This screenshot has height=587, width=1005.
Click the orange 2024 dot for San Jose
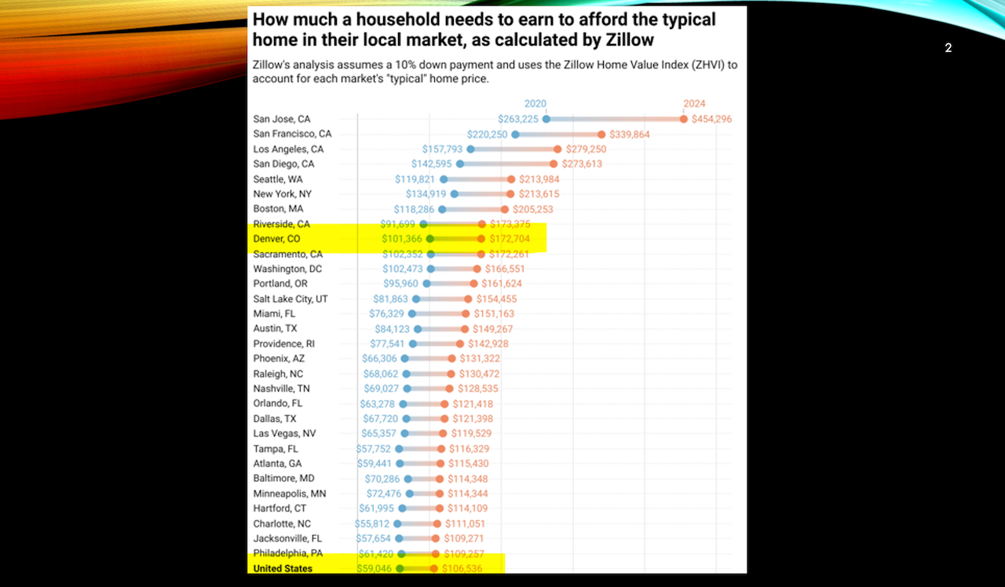684,119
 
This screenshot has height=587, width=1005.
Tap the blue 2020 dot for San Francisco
515,134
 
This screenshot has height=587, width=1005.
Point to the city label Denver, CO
277,239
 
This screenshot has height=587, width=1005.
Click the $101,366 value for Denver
402,239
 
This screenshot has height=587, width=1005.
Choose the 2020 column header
535,104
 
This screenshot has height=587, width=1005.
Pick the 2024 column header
694,104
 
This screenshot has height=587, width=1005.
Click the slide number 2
948,48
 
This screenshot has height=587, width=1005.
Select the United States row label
283,568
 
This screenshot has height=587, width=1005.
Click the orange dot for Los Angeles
557,149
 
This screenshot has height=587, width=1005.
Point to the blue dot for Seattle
444,179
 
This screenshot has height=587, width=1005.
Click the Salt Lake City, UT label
291,299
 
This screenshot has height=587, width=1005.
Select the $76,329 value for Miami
387,314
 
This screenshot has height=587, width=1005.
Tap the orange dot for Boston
505,209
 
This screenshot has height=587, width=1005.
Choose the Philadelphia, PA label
287,553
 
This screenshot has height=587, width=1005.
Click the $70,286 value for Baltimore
382,479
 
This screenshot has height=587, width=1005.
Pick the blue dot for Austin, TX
418,329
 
